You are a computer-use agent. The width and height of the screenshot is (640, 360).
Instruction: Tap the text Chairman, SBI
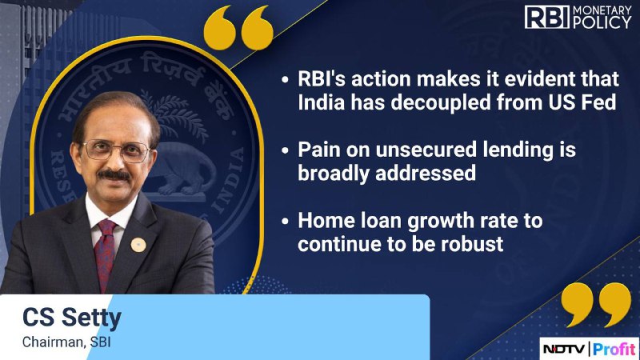pos(66,342)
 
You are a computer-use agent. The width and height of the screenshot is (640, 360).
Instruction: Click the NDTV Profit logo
pos(590,349)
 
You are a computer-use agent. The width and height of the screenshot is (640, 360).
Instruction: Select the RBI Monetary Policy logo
pos(578,17)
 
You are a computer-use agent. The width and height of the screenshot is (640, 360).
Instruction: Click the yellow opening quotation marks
pos(238,28)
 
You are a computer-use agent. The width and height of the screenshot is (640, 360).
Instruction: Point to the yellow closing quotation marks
pos(596,304)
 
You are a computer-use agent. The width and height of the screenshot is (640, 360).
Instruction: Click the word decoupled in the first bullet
pos(442,102)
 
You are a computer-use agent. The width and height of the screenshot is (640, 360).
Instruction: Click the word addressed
pos(426,173)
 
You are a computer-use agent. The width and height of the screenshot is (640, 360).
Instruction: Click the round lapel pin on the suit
pos(138,245)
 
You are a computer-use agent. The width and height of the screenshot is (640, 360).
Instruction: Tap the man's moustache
pos(114,175)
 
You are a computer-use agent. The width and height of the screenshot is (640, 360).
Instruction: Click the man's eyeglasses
pos(117,150)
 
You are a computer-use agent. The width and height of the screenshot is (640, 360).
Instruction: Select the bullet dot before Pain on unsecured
pos(285,150)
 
